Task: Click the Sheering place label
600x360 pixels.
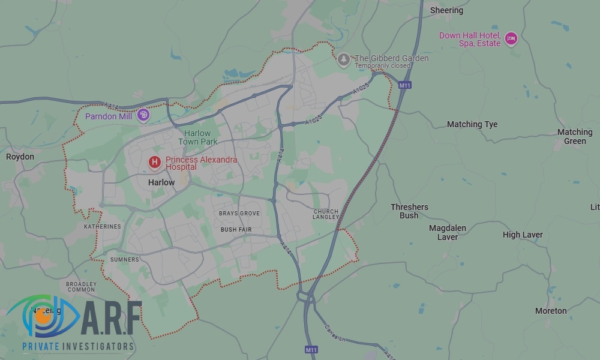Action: (447, 10)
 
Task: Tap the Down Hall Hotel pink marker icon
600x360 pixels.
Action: (511, 39)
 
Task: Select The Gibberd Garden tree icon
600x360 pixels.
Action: (344, 59)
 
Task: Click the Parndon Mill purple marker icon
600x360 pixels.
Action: (143, 115)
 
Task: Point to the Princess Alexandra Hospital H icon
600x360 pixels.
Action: (155, 162)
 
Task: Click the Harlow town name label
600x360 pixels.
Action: (161, 182)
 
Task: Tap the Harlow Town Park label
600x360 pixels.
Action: (197, 137)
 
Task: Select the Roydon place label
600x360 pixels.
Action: (20, 157)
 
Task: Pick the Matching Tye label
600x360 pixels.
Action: (472, 124)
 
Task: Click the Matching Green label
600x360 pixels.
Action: (575, 136)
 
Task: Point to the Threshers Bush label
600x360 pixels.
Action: (409, 211)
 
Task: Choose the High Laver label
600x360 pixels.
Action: (523, 235)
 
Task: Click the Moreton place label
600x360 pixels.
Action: (551, 311)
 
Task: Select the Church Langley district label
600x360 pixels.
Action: (326, 214)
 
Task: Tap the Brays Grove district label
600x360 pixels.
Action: (239, 214)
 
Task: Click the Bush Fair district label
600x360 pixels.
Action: (236, 230)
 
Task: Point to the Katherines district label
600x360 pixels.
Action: (102, 227)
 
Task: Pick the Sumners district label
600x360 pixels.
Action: (124, 260)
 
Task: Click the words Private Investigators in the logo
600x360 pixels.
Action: (78, 346)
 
